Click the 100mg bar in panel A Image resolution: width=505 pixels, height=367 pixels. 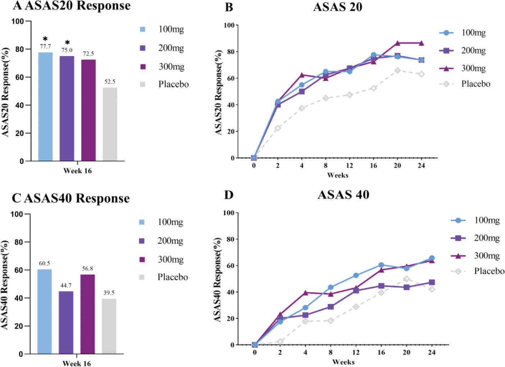coord(45,106)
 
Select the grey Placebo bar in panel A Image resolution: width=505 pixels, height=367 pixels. coord(110,124)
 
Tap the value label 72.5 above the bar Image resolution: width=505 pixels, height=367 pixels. coord(88,54)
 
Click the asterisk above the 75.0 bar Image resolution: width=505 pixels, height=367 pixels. coord(67,42)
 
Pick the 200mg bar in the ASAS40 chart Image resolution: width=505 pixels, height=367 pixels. coord(66,322)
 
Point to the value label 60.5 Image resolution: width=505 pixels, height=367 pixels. coord(44,263)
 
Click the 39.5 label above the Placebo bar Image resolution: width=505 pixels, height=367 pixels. coord(109,293)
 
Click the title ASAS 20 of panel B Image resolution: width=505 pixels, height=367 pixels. coord(337,7)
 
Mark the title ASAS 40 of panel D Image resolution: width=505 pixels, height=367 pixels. coord(343,195)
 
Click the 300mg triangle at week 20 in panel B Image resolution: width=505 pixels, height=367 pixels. coord(397,43)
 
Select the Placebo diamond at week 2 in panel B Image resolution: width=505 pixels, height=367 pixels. coord(278,128)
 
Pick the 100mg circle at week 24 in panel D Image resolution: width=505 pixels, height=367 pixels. coord(432,258)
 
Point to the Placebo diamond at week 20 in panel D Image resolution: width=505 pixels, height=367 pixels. coord(406,279)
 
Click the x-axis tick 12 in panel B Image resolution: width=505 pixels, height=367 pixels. coord(350,166)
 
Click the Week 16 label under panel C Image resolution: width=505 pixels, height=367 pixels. coord(77,363)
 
